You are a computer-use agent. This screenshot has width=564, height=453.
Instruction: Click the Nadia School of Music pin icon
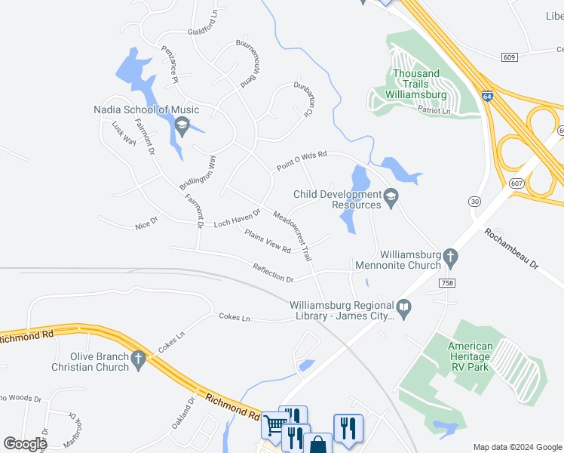(181, 126)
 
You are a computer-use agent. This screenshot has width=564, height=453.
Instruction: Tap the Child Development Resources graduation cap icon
(391, 197)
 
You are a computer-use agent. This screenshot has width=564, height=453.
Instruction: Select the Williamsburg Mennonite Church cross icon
(450, 257)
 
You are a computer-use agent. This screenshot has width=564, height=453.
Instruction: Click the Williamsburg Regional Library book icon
(404, 308)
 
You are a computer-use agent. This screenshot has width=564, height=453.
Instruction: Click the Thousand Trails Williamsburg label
(415, 84)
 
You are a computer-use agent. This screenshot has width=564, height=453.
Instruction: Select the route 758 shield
(447, 282)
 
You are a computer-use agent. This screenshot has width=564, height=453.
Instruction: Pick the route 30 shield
(474, 201)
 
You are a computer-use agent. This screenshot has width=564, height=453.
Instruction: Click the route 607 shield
(516, 183)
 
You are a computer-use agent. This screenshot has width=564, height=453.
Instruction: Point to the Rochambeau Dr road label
(522, 251)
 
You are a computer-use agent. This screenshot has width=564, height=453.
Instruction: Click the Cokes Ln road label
(234, 317)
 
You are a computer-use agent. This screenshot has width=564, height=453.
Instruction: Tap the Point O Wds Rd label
(301, 160)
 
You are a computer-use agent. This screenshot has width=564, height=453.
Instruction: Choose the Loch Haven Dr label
(237, 219)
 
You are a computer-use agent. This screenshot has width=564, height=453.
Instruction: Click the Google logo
(24, 444)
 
